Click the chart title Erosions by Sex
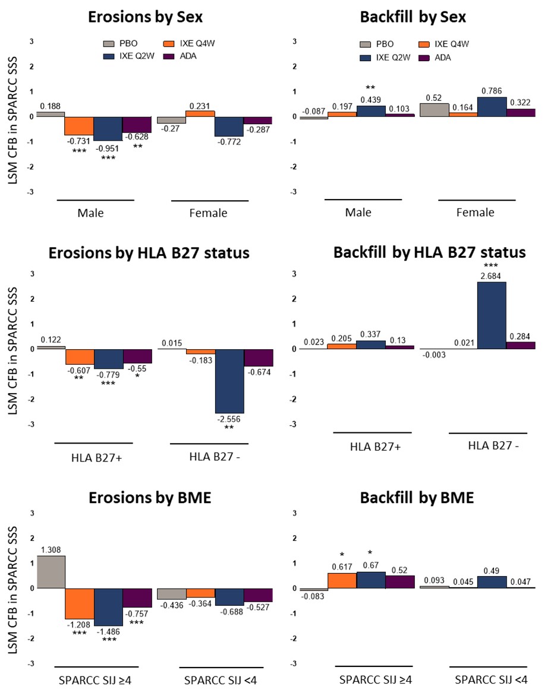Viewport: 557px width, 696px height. [x=145, y=17]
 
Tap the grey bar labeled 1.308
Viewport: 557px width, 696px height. [x=51, y=571]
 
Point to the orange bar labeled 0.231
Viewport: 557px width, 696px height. [x=200, y=113]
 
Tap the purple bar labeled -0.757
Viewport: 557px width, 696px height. [x=137, y=597]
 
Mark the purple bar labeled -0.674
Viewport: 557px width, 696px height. [x=258, y=358]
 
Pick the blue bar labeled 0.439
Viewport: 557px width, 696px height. [x=371, y=111]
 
